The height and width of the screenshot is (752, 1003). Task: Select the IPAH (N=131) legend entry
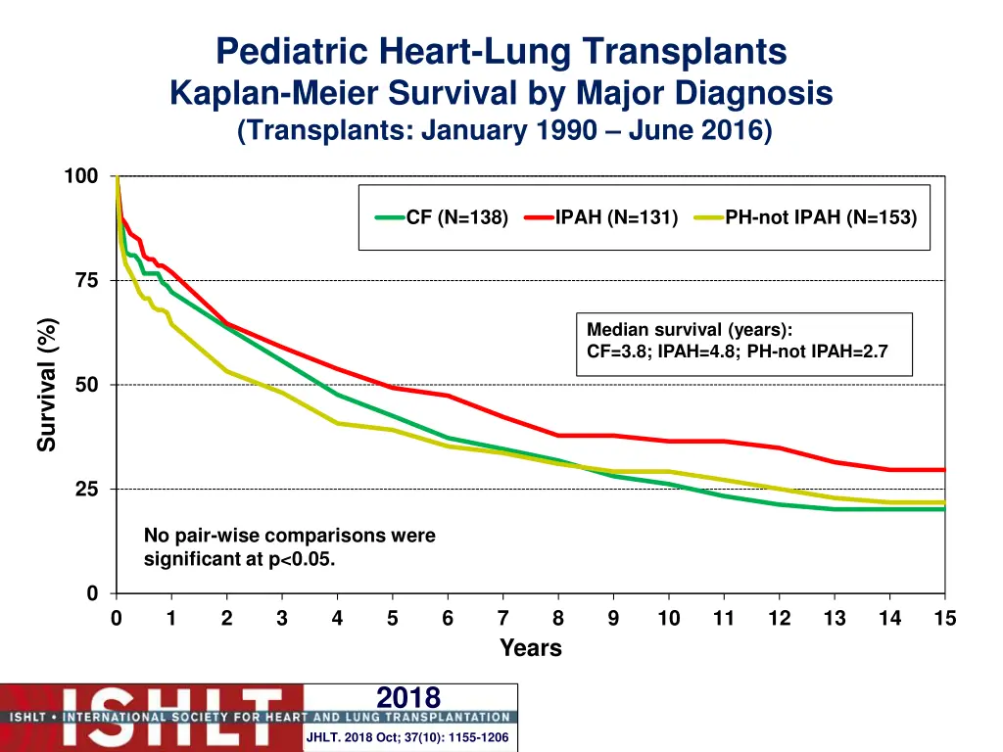616,217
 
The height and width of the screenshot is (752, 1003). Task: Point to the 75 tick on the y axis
86,281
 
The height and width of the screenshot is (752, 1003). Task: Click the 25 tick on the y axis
86,490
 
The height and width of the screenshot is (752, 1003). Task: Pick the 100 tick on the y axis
81,176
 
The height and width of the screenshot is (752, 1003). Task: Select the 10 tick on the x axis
668,619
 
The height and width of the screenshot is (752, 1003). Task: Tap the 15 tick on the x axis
944,619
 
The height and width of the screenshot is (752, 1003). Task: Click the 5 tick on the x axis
392,619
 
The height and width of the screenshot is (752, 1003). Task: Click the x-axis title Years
530,648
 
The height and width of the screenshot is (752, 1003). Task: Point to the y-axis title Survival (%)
47,386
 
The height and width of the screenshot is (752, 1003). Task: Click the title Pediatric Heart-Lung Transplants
501,51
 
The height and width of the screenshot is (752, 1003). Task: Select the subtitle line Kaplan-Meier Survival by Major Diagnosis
501,93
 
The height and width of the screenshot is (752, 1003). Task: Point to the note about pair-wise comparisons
289,547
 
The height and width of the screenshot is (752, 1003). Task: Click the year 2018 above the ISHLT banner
408,697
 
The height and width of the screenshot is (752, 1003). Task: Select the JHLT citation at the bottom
407,737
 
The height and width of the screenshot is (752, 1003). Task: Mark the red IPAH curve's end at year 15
944,470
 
